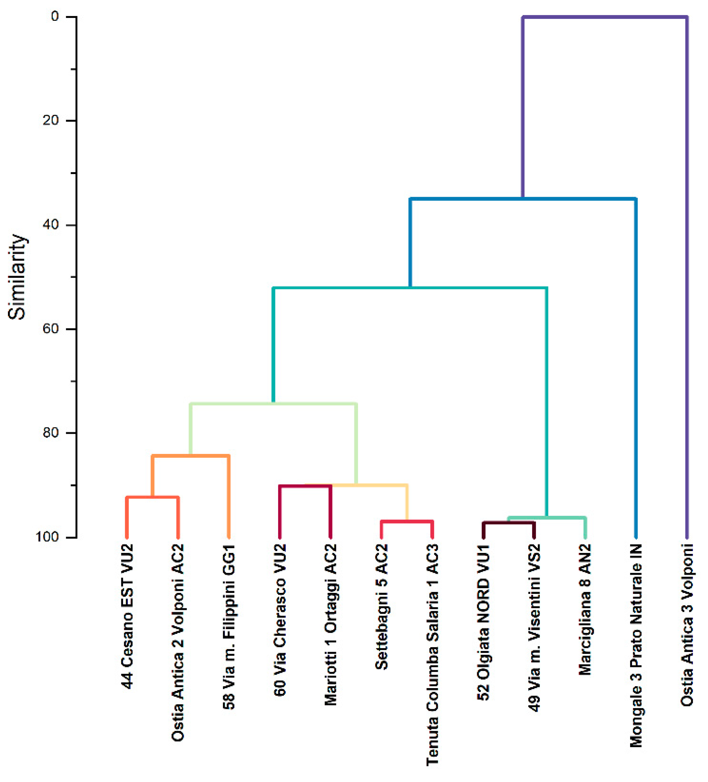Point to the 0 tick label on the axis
pyautogui.click(x=55, y=17)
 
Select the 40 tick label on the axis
pyautogui.click(x=51, y=225)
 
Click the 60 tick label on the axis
pyautogui.click(x=51, y=328)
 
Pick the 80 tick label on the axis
pyautogui.click(x=51, y=433)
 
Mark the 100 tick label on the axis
pyautogui.click(x=47, y=537)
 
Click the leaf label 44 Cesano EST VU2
pyautogui.click(x=127, y=617)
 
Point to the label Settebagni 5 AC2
pyautogui.click(x=381, y=607)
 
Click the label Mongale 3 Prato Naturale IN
pyautogui.click(x=636, y=646)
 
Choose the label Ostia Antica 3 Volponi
pyautogui.click(x=687, y=625)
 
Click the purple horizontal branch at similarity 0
pyautogui.click(x=605, y=17)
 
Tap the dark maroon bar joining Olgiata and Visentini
pyautogui.click(x=509, y=523)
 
